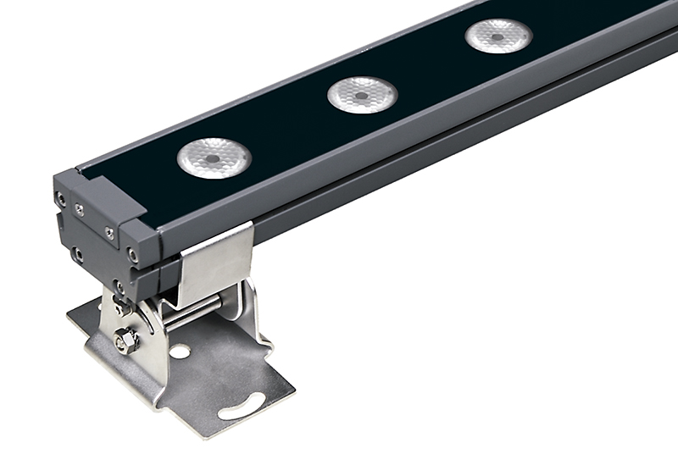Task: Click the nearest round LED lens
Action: coord(214,157)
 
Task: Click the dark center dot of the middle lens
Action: coord(362,96)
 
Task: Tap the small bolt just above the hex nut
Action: coord(119,307)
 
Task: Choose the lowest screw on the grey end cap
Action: coord(119,285)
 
